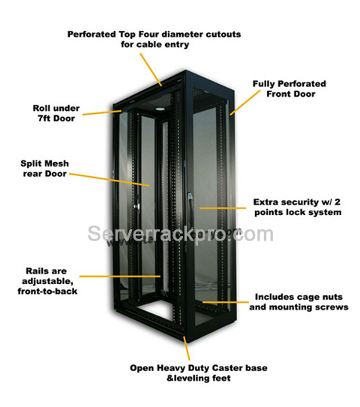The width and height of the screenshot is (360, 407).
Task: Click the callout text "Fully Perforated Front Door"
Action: pos(289,88)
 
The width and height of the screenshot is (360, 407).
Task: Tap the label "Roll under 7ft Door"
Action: pos(56,113)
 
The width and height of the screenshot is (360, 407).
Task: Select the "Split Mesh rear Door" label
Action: pos(45,169)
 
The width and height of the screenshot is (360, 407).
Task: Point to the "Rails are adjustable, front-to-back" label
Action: pos(47,281)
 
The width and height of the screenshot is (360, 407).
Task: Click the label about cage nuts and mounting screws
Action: pos(298,302)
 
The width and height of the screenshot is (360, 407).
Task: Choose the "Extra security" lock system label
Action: pos(298,207)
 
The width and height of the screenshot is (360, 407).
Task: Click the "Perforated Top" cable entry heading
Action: pos(154,39)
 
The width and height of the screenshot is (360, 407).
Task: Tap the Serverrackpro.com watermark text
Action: pos(180,234)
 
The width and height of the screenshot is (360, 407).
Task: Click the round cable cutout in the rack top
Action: pos(160,109)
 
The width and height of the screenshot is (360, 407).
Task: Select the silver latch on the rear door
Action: pos(136,206)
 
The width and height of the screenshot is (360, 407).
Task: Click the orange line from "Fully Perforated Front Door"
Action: pos(245,103)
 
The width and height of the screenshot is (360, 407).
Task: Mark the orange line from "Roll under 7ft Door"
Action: pos(102,112)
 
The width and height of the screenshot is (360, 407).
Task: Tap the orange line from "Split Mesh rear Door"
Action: pos(109,180)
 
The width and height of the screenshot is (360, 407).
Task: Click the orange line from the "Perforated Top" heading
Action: pos(151,70)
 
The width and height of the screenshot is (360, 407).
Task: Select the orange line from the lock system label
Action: pos(223,208)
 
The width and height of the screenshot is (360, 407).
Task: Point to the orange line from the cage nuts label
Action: pos(226,302)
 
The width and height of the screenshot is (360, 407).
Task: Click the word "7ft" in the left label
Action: pos(46,118)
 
